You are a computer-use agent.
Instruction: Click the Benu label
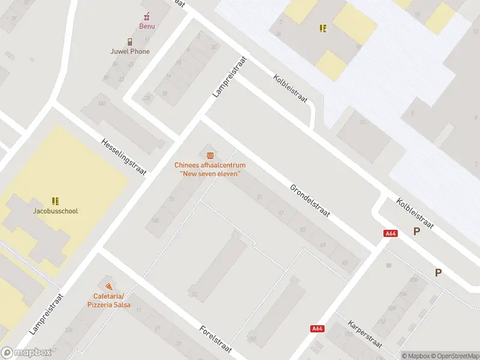click(147, 26)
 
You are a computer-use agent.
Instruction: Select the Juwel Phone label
click(130, 52)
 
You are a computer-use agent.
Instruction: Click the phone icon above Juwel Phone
click(130, 41)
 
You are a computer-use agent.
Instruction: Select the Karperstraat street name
click(365, 334)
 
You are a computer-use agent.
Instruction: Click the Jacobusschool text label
click(55, 211)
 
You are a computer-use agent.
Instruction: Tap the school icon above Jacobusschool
click(55, 201)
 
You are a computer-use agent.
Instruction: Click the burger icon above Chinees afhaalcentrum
click(209, 155)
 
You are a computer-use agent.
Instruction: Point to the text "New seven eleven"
click(210, 173)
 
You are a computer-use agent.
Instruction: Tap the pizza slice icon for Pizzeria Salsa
click(109, 287)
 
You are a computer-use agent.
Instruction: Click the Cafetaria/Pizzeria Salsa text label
click(109, 301)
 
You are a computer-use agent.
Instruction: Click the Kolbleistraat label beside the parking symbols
click(415, 213)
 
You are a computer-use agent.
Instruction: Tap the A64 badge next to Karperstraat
click(318, 328)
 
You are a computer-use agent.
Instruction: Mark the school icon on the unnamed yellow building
click(323, 28)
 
